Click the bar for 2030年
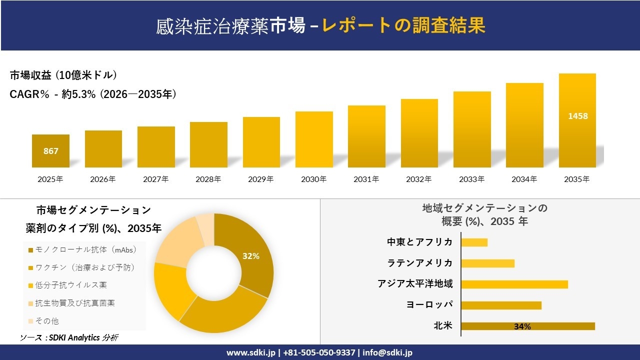point(314,139)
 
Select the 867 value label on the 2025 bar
point(51,151)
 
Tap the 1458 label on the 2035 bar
point(577,116)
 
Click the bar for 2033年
point(472,129)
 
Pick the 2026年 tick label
point(103,179)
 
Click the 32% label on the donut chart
point(250,256)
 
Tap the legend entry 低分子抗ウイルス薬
point(70,285)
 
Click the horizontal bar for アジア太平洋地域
point(514,284)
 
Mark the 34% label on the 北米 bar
point(522,326)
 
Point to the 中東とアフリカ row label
point(419,242)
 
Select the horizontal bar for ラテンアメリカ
point(487,263)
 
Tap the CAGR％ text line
point(93,94)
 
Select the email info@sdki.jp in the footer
point(388,352)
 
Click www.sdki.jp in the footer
point(250,352)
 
